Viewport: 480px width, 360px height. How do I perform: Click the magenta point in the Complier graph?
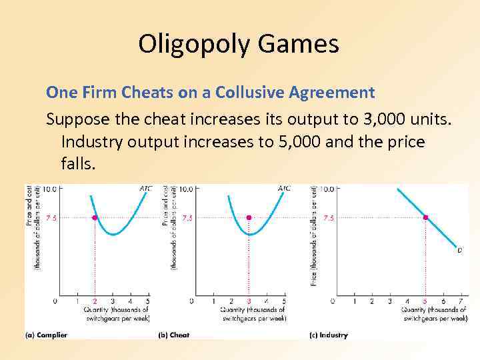tap(95, 217)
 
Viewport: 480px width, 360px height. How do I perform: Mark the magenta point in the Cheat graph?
tap(249, 217)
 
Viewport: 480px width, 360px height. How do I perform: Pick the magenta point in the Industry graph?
tap(425, 217)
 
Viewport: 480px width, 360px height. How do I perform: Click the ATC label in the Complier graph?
tap(145, 189)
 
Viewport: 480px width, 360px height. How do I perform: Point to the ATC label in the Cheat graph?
tap(284, 189)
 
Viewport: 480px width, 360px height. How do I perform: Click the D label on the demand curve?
tap(459, 251)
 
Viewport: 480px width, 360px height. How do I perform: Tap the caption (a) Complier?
tap(47, 335)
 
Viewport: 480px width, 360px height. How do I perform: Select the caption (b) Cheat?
tap(175, 335)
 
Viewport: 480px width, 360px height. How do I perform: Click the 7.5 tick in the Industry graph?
tap(329, 218)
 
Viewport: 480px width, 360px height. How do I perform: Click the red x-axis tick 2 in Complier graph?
tap(95, 301)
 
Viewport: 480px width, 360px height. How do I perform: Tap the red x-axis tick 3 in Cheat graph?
tap(249, 301)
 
